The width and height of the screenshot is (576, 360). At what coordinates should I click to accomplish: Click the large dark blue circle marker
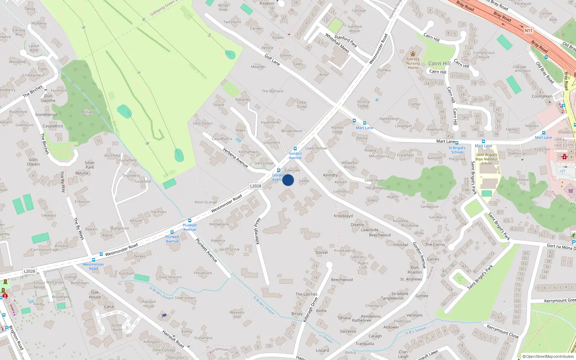[x=288, y=180]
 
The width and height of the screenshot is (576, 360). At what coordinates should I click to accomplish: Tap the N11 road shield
[x=528, y=31]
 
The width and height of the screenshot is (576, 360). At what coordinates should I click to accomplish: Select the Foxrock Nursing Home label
[x=413, y=63]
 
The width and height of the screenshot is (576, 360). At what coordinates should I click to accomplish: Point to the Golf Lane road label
[x=272, y=60]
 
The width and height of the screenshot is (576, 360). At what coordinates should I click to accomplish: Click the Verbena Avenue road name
[x=235, y=158]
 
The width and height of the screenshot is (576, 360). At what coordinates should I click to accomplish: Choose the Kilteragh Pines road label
[x=257, y=231]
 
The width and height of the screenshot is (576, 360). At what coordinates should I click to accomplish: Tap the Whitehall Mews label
[x=337, y=43]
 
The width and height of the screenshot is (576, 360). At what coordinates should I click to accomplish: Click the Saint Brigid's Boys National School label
[x=486, y=159]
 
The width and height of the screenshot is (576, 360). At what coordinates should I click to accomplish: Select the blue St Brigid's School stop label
[x=457, y=150]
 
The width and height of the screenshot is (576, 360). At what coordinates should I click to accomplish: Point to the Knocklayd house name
[x=343, y=216]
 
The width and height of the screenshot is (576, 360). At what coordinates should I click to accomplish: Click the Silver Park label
[x=90, y=165]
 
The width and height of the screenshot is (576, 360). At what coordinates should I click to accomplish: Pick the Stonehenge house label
[x=46, y=115]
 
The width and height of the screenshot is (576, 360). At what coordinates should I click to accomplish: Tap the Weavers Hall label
[x=237, y=314]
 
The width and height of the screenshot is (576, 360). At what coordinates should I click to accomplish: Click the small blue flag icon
[x=165, y=315]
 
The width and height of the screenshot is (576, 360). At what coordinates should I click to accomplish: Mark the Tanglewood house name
[x=392, y=298]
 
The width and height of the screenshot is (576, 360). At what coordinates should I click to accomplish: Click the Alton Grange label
[x=206, y=202]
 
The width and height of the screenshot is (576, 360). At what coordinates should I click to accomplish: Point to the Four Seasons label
[x=171, y=277]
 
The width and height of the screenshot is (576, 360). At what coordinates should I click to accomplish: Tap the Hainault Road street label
[x=173, y=339]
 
